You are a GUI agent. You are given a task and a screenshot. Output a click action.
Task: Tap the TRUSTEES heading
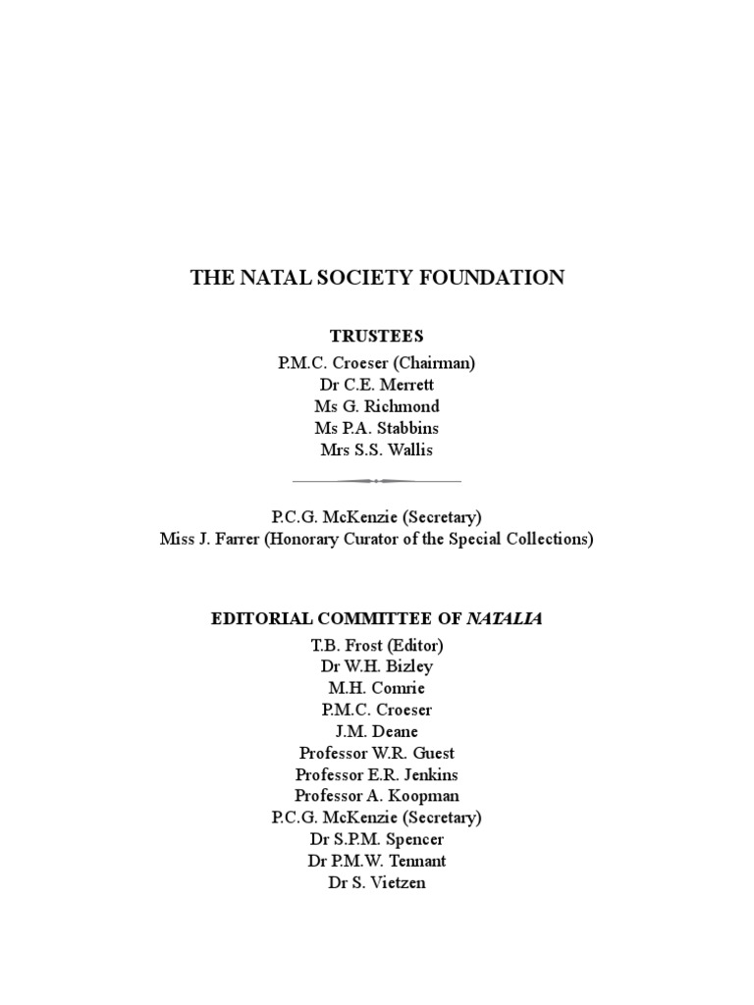(377, 336)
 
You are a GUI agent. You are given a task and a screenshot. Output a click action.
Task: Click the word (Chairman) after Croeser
(433, 363)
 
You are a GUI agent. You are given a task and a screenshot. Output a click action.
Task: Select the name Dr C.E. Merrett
(377, 385)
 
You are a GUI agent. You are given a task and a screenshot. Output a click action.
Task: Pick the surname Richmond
(401, 406)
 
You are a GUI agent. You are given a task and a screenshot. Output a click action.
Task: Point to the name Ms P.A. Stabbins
(377, 428)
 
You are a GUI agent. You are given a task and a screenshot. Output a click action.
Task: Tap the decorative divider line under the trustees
(377, 481)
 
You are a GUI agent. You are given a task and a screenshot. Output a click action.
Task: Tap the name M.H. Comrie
(377, 688)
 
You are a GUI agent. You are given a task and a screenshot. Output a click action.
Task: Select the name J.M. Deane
(377, 731)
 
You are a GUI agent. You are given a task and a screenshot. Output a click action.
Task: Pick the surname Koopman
(426, 796)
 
